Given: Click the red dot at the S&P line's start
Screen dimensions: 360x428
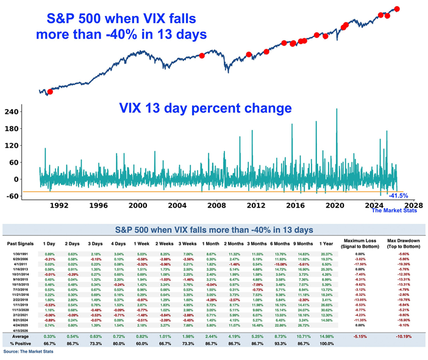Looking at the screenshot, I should click(50, 92).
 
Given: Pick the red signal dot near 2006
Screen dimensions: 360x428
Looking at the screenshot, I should click(202, 56).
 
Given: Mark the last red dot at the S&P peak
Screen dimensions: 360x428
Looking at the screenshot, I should click(397, 9).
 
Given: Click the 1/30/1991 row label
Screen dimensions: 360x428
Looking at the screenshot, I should click(18, 253).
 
